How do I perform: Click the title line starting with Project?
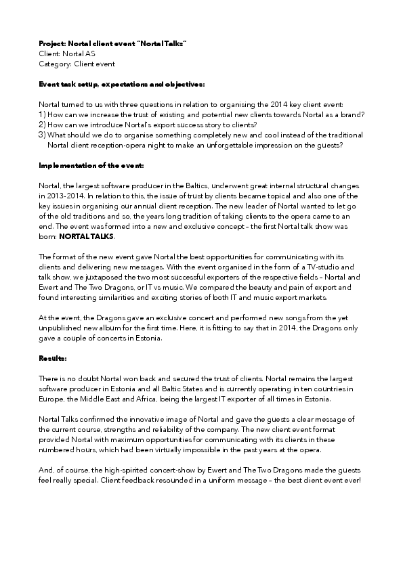112,43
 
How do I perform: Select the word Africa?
135,399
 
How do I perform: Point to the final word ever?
352,481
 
